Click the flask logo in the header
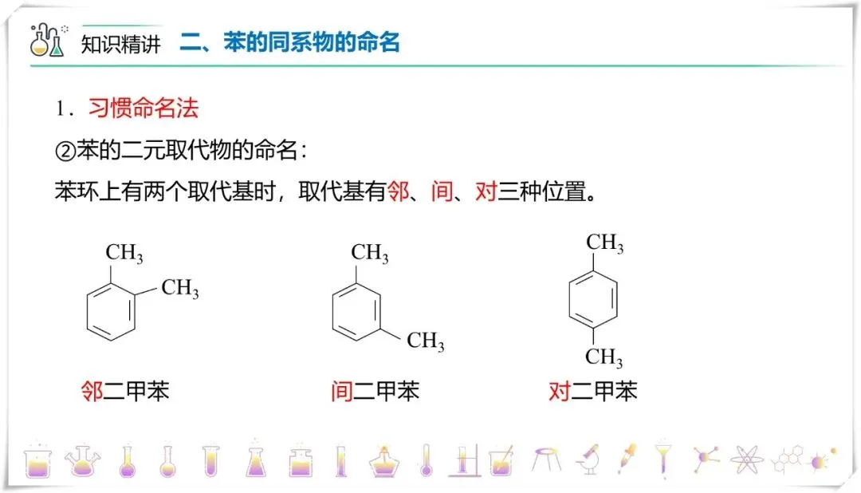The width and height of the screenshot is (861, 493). tap(47, 40)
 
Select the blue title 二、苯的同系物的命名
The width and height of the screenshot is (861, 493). tap(289, 41)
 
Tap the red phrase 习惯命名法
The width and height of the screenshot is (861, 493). tap(143, 108)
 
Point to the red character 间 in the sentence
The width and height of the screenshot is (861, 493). tap(442, 192)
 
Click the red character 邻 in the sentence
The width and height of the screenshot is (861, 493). tap(397, 192)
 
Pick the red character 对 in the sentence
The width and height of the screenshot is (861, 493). tap(486, 192)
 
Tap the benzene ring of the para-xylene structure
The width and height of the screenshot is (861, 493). tap(592, 298)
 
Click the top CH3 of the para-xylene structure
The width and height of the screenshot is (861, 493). tap(605, 243)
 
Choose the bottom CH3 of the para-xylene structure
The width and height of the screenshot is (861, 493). tap(605, 357)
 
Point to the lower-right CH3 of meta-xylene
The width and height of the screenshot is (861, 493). tap(426, 341)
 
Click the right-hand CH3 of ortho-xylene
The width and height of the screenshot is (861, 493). tap(180, 288)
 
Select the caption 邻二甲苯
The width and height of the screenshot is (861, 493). tap(125, 392)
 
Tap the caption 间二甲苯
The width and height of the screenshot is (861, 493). tap(375, 392)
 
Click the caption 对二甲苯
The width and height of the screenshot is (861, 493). tap(593, 392)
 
